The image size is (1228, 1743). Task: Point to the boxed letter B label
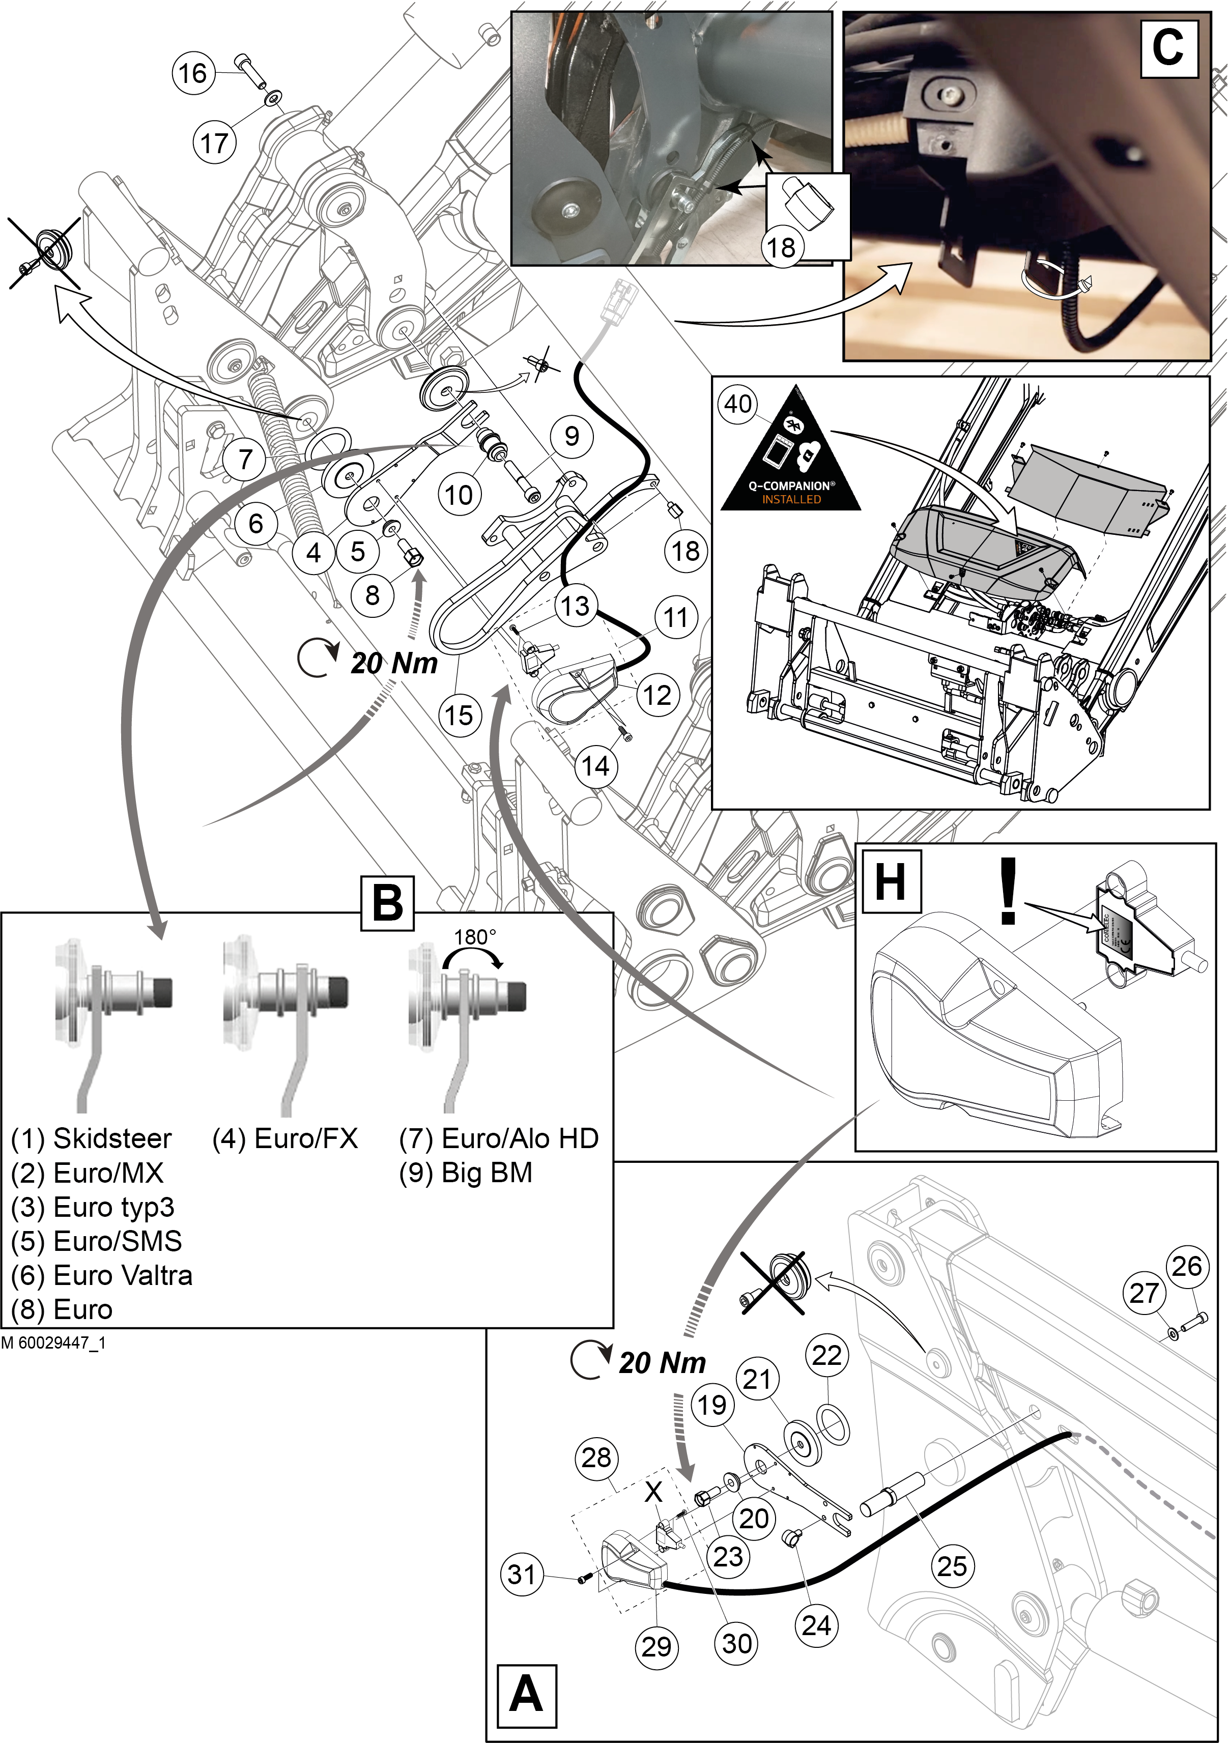coord(387,903)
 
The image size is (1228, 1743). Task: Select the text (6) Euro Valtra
coord(102,1275)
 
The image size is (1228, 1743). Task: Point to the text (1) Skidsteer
coord(91,1139)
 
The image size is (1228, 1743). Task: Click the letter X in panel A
coord(653,1492)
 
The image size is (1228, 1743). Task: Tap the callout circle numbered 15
coord(459,715)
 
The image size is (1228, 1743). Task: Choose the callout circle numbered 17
coord(214,142)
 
